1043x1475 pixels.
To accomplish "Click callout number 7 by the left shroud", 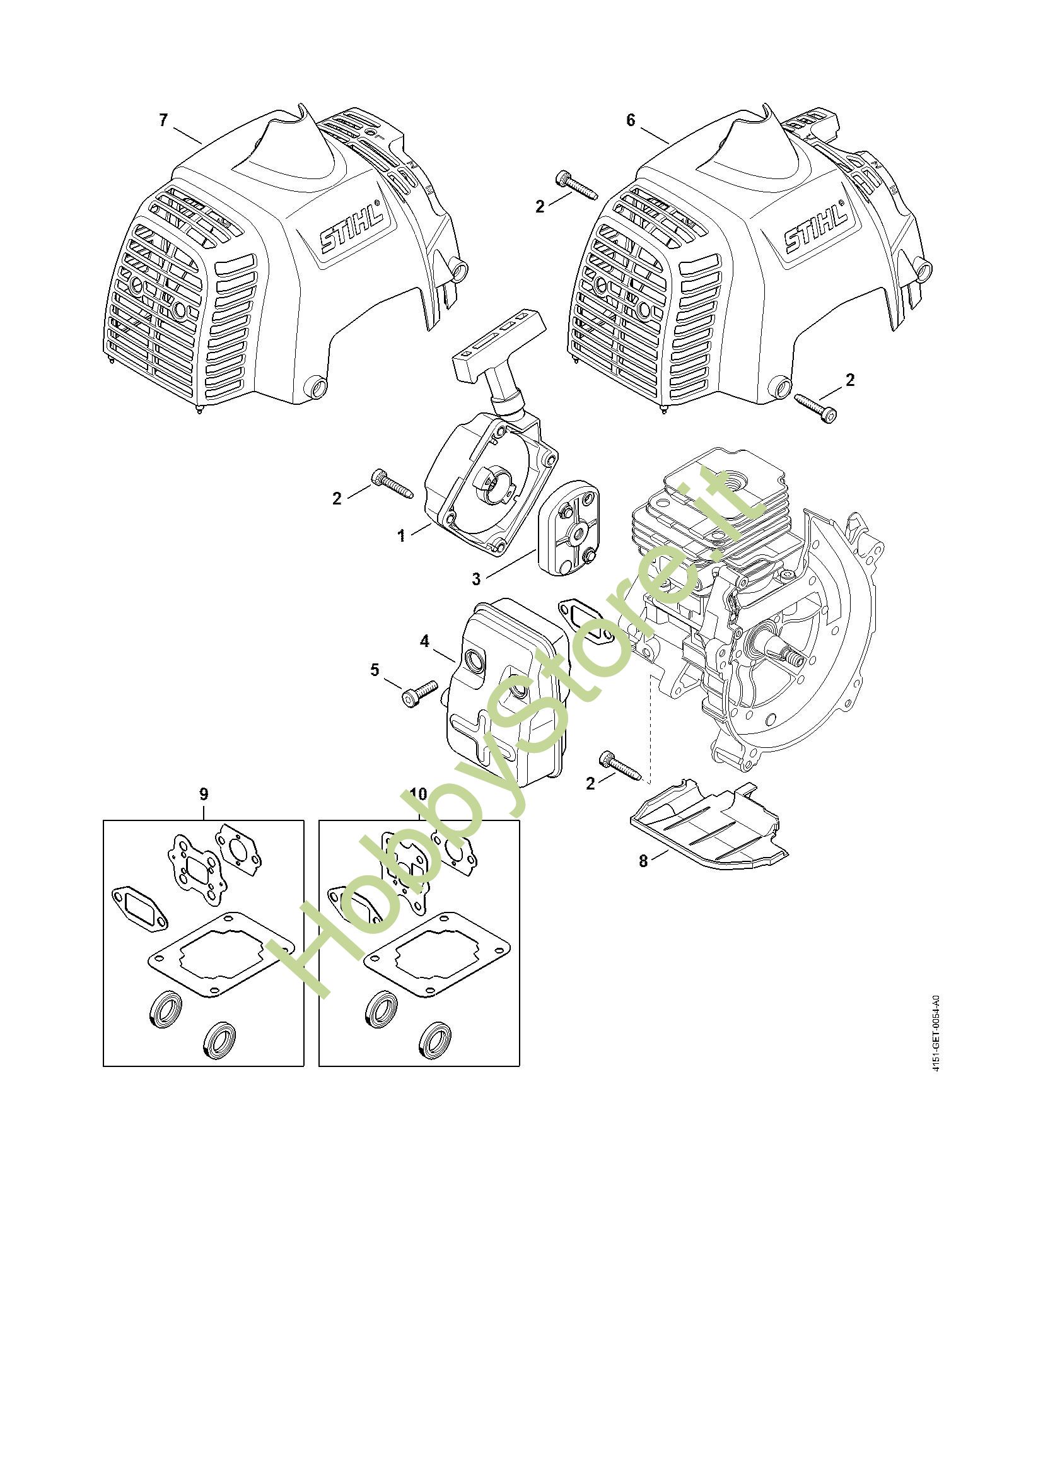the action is click(163, 120).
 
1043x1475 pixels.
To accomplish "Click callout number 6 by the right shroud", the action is click(630, 120).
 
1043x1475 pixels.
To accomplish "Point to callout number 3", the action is click(476, 579).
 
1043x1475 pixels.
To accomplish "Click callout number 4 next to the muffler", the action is click(424, 641).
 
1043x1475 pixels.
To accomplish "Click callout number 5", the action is click(375, 670).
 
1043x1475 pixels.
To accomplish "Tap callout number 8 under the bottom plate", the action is click(644, 861).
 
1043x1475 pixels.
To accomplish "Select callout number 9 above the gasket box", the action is click(203, 794).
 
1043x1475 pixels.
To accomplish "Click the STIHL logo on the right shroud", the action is click(815, 228).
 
